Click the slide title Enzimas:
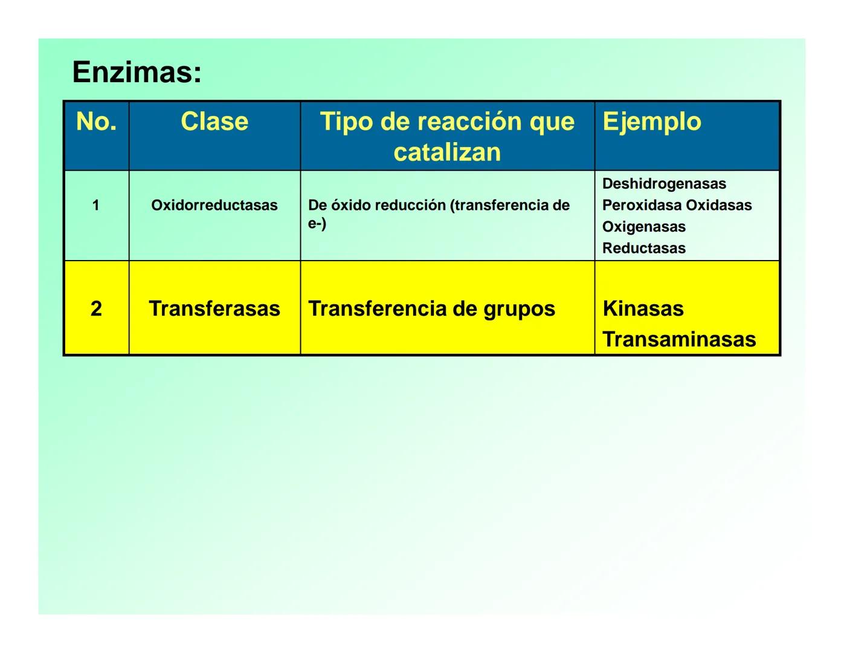(x=137, y=73)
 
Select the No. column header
(x=96, y=122)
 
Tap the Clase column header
(x=214, y=122)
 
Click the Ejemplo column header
(x=652, y=122)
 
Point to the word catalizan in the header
(x=447, y=152)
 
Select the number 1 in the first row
(x=95, y=206)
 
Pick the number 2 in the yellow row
(x=96, y=309)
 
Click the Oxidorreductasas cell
(x=214, y=206)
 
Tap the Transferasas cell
(x=214, y=309)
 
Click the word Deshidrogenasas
(x=664, y=184)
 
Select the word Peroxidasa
(x=642, y=206)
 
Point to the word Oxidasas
(x=719, y=206)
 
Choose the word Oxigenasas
(x=644, y=227)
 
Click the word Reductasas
(x=644, y=249)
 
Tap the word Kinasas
(x=643, y=309)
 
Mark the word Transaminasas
(x=679, y=340)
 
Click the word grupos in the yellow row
(x=519, y=309)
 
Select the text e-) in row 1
(x=317, y=224)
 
